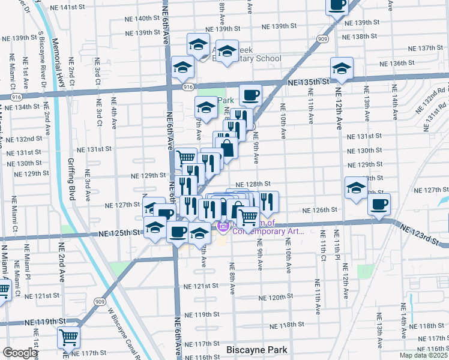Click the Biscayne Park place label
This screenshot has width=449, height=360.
(x=257, y=350)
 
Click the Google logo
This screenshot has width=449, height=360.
(x=20, y=353)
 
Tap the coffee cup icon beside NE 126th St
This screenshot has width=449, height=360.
(x=379, y=203)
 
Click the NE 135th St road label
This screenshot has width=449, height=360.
(x=308, y=82)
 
